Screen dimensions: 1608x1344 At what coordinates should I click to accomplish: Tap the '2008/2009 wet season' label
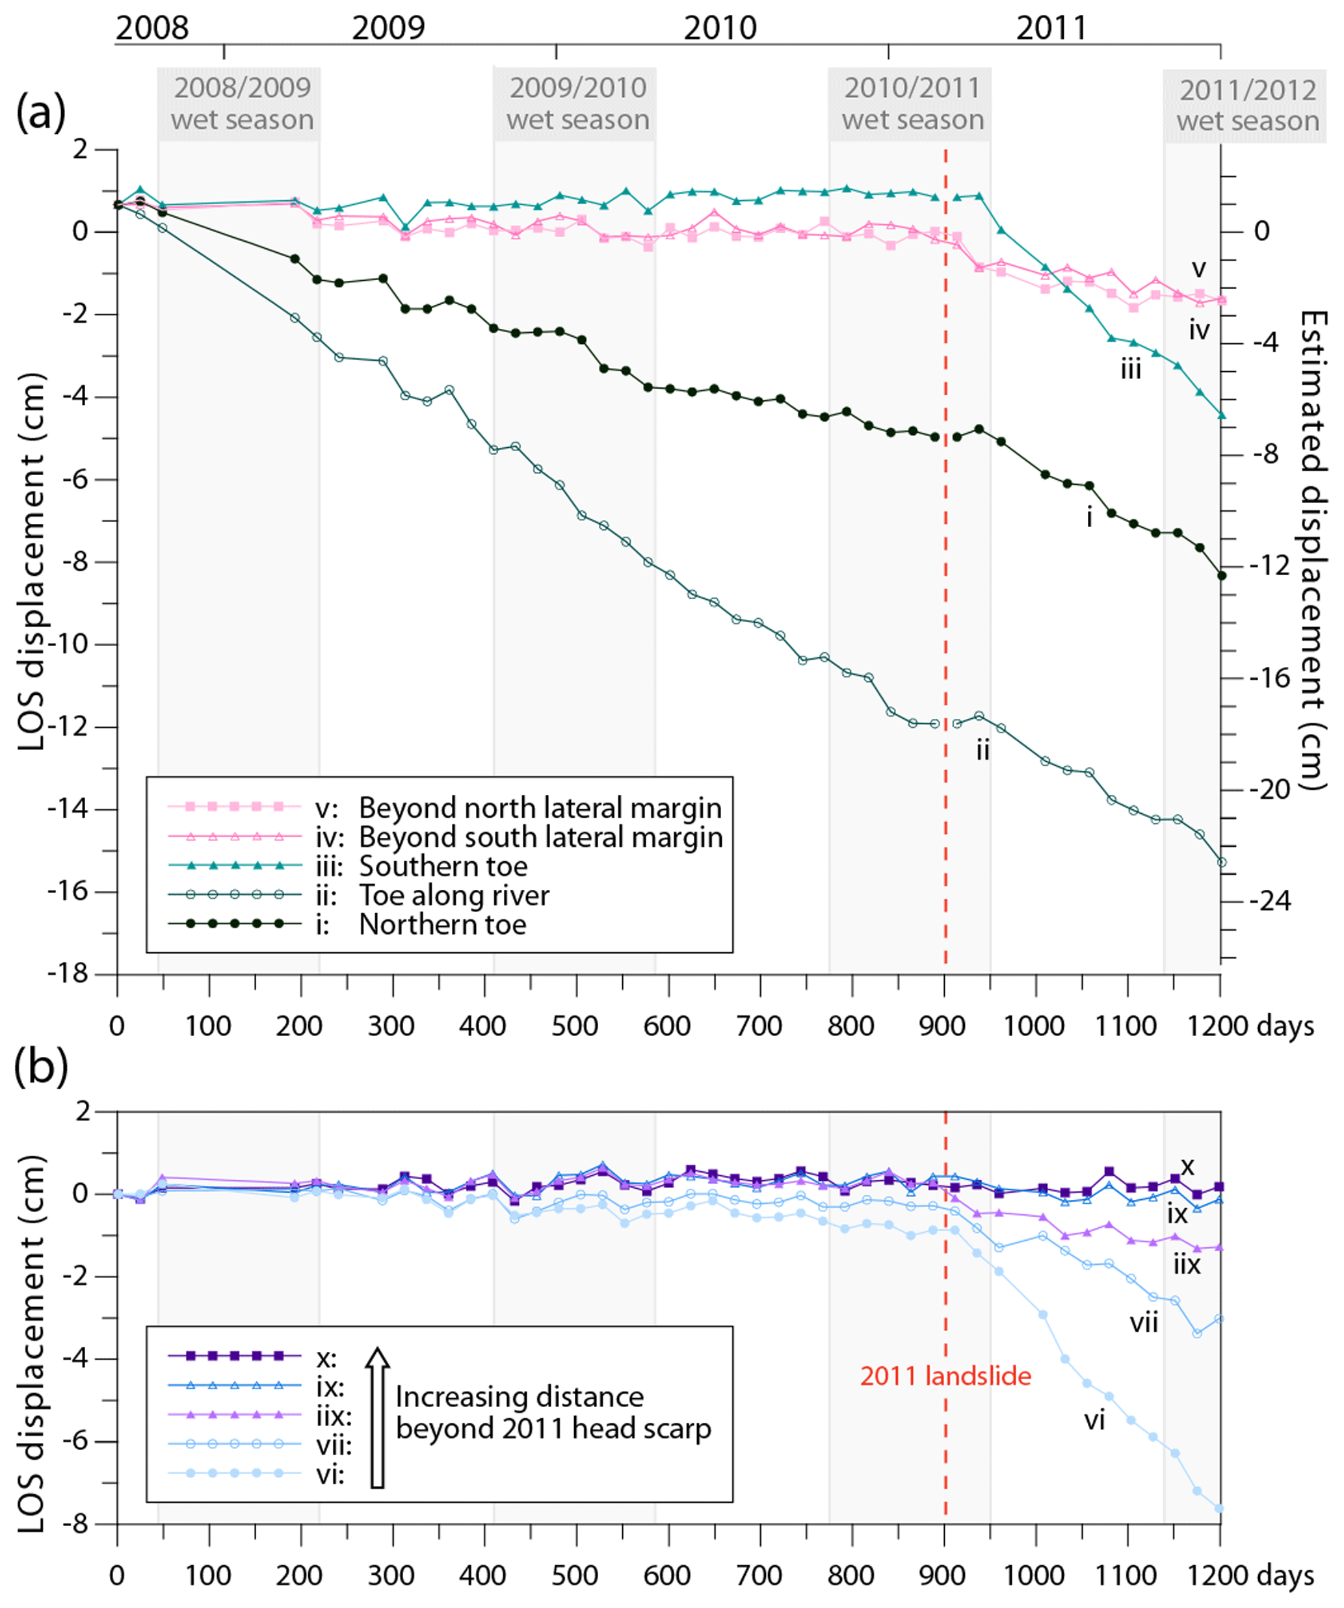[242, 104]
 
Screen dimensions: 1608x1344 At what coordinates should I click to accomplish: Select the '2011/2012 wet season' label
[1248, 106]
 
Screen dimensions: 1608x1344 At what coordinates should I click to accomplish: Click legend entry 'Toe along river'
[454, 895]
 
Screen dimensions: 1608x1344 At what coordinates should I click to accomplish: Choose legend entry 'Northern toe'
[443, 924]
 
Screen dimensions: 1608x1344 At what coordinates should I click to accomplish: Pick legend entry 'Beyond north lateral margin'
[540, 808]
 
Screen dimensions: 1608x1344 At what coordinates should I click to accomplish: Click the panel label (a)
[40, 112]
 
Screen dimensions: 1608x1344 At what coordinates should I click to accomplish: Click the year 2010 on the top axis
[720, 29]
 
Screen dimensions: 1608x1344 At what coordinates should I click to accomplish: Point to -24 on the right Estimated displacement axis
[1269, 901]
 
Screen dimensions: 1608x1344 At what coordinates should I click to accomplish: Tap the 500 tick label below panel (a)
[575, 1025]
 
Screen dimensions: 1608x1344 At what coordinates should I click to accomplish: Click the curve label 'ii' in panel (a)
[982, 751]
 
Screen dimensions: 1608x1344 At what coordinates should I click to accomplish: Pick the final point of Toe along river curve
[1220, 862]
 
